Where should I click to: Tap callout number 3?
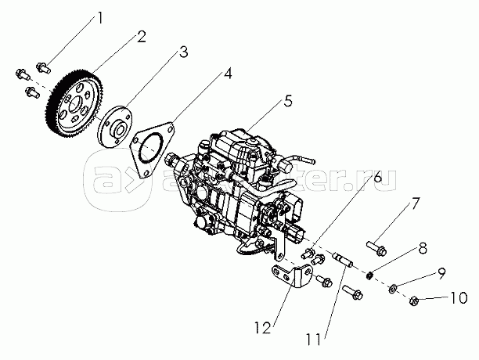[x=182, y=52]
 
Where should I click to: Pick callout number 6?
[x=377, y=178]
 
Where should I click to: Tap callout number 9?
[x=442, y=274]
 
